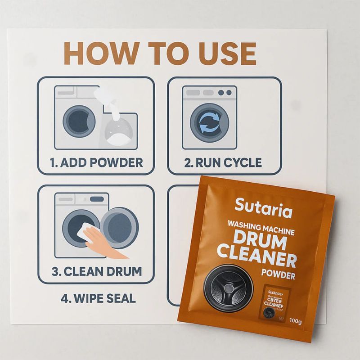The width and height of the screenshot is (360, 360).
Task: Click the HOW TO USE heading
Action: point(160,54)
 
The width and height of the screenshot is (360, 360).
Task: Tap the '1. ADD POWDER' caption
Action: point(96,162)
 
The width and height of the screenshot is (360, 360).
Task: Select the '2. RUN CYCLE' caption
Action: point(223,162)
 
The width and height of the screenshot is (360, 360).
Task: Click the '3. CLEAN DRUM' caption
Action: point(97,271)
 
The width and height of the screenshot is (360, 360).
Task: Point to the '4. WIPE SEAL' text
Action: point(97,298)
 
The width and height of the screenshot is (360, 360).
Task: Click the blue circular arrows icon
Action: point(209,122)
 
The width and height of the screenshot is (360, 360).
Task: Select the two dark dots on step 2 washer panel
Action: point(225,93)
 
